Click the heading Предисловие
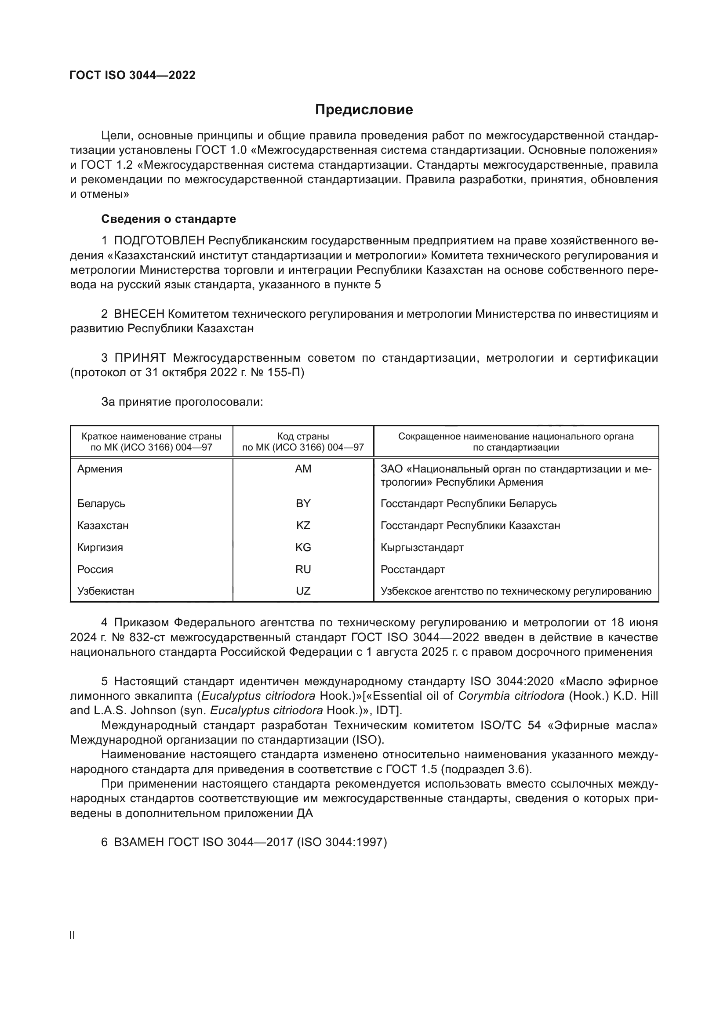(x=363, y=110)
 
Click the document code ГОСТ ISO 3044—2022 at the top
(x=132, y=75)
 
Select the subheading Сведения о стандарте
(x=168, y=219)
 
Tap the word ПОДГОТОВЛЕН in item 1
(x=160, y=241)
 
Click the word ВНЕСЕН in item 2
(x=139, y=314)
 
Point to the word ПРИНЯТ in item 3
(x=140, y=358)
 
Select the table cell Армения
(x=99, y=469)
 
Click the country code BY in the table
(x=303, y=503)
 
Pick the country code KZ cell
(x=303, y=525)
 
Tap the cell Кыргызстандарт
(x=422, y=547)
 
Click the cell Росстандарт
(x=412, y=569)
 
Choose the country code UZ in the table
(x=303, y=591)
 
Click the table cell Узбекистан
(x=105, y=591)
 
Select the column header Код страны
(x=303, y=436)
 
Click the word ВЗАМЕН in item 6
(x=139, y=842)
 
